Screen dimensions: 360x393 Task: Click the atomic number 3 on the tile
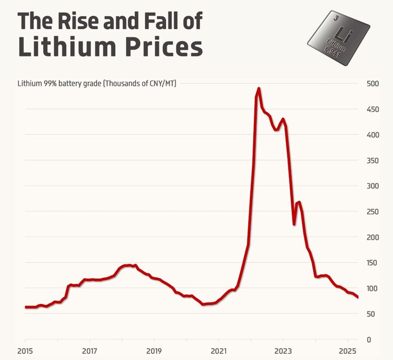(335, 18)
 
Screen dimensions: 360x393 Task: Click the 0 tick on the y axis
(369, 340)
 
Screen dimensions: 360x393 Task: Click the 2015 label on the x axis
(25, 351)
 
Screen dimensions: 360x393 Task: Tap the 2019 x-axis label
(154, 351)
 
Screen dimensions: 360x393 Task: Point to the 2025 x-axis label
(347, 351)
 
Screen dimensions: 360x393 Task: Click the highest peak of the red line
(259, 89)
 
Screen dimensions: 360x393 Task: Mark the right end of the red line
(358, 297)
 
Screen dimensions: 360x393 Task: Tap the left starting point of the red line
(26, 307)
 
